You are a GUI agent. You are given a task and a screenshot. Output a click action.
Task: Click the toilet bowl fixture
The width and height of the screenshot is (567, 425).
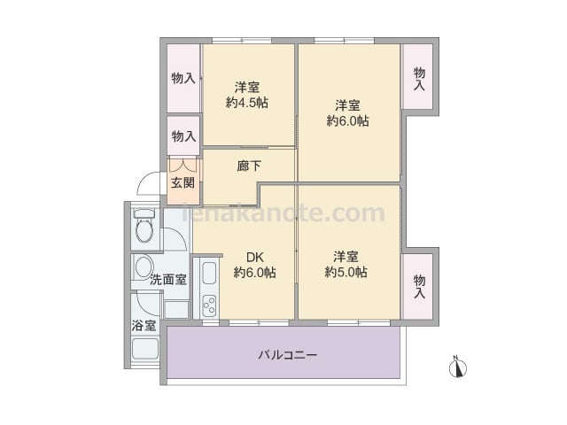[144, 227]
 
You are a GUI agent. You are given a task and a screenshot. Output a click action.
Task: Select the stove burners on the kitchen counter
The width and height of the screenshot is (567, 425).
[209, 305]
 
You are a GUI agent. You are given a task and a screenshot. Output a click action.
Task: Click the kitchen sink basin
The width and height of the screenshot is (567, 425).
[209, 273]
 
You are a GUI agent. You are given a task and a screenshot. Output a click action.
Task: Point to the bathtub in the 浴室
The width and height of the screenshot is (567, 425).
[145, 348]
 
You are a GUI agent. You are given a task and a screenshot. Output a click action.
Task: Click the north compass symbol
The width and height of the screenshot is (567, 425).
[457, 367]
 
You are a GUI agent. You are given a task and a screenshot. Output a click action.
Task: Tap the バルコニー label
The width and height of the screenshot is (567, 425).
[288, 355]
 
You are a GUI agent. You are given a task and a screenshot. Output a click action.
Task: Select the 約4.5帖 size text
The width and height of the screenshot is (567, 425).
[247, 103]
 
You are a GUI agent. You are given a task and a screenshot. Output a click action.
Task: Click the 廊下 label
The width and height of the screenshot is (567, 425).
[249, 166]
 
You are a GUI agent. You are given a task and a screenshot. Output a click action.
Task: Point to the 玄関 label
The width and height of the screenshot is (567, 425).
[183, 183]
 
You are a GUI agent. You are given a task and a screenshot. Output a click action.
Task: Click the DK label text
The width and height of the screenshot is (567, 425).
[254, 258]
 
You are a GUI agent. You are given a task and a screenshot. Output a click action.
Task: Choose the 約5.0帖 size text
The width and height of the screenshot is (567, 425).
[346, 272]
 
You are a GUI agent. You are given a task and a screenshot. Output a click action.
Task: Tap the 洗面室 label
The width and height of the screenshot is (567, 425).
[168, 280]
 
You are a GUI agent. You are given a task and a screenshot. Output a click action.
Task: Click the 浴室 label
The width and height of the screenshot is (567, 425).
[144, 326]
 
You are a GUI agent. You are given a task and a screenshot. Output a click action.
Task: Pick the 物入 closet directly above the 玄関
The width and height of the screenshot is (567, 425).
[183, 135]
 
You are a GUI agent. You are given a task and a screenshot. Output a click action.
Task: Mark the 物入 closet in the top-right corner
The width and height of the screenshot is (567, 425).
[417, 76]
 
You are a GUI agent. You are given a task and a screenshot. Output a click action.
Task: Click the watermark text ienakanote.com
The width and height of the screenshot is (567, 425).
[283, 213]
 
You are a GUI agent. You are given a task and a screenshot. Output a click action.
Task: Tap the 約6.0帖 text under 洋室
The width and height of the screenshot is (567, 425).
[348, 120]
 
